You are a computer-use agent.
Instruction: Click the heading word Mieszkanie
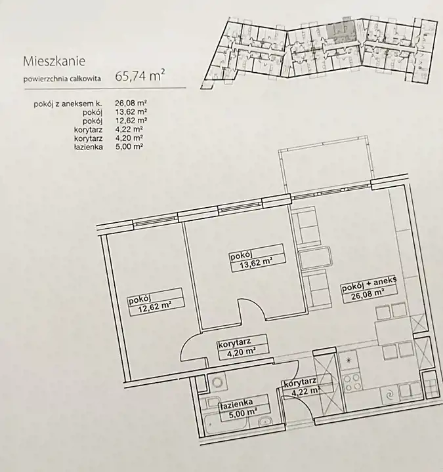tap(54, 62)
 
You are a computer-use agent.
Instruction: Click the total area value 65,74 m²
tap(140, 76)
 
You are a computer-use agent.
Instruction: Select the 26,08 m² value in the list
tap(131, 104)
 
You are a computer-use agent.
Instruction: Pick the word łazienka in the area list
tap(89, 147)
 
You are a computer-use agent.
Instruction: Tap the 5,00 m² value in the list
tap(129, 147)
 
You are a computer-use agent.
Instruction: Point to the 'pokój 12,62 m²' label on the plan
tap(156, 302)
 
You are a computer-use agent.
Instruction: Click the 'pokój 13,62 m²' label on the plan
tap(257, 258)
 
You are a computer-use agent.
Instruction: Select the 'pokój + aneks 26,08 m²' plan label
tap(369, 289)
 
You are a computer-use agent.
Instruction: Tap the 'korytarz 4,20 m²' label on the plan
tap(243, 347)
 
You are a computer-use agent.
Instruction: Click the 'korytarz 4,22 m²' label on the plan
tap(301, 387)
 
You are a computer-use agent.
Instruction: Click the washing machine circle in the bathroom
tap(218, 382)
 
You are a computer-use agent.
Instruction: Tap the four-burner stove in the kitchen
tap(352, 382)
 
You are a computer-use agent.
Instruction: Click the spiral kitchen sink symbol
tap(389, 394)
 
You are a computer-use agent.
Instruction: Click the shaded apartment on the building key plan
tap(341, 31)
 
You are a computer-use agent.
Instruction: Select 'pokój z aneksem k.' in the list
tap(68, 104)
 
